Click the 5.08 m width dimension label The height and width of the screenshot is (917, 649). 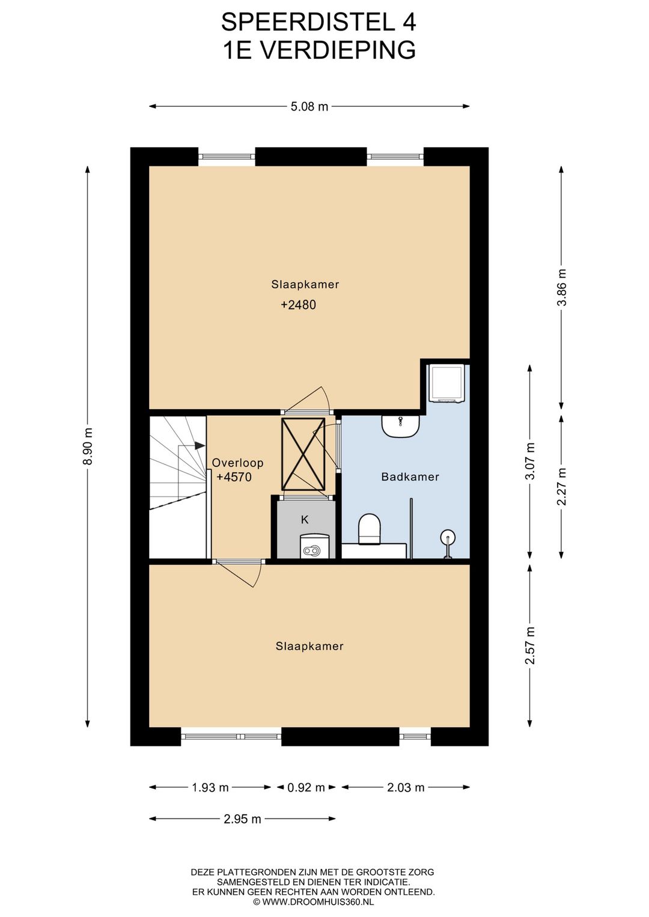(x=309, y=107)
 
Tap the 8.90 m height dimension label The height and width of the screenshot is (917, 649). (x=88, y=446)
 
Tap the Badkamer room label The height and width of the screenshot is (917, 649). (x=410, y=477)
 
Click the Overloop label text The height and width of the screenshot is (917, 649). (x=237, y=463)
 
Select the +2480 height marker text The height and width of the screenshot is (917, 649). (x=298, y=305)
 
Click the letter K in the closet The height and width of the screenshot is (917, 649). (x=305, y=520)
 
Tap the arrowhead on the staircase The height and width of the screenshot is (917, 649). (x=200, y=445)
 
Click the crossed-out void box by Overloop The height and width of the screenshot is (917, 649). (x=303, y=454)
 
